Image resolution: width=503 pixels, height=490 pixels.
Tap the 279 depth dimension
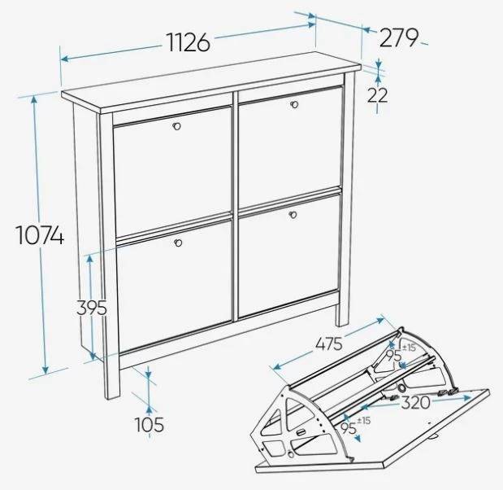pyautogui.click(x=399, y=37)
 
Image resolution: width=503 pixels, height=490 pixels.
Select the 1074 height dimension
pyautogui.click(x=40, y=235)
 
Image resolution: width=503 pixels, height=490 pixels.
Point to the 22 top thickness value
pyautogui.click(x=377, y=94)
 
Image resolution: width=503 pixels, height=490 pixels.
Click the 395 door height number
pyautogui.click(x=92, y=308)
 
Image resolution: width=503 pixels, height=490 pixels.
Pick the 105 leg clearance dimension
pyautogui.click(x=150, y=424)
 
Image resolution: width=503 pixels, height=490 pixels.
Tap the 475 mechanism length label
pyautogui.click(x=329, y=344)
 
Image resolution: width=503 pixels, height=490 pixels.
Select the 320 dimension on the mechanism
pyautogui.click(x=415, y=402)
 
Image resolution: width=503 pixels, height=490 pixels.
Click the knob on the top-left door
pyautogui.click(x=176, y=126)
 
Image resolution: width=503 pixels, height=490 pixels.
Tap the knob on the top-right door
pyautogui.click(x=294, y=105)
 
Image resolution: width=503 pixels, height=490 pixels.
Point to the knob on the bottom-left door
pyautogui.click(x=178, y=243)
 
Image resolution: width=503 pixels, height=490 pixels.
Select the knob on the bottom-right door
pyautogui.click(x=293, y=215)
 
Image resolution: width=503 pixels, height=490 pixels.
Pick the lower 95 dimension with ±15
pyautogui.click(x=355, y=426)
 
